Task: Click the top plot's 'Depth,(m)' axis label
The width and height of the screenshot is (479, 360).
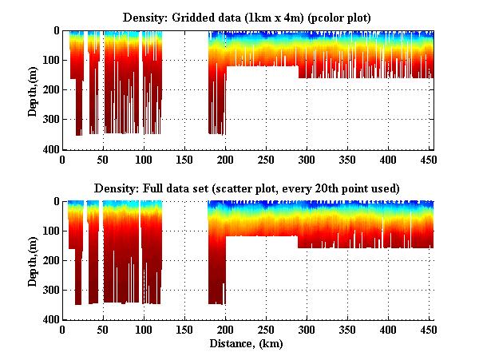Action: click(33, 89)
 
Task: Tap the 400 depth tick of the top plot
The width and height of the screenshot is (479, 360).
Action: click(50, 149)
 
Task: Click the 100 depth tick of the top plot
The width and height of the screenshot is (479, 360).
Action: click(50, 61)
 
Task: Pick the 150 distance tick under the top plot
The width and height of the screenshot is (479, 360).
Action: click(185, 159)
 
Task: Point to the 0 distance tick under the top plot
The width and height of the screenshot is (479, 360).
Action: click(63, 159)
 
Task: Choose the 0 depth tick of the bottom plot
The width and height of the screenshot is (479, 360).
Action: click(55, 202)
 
